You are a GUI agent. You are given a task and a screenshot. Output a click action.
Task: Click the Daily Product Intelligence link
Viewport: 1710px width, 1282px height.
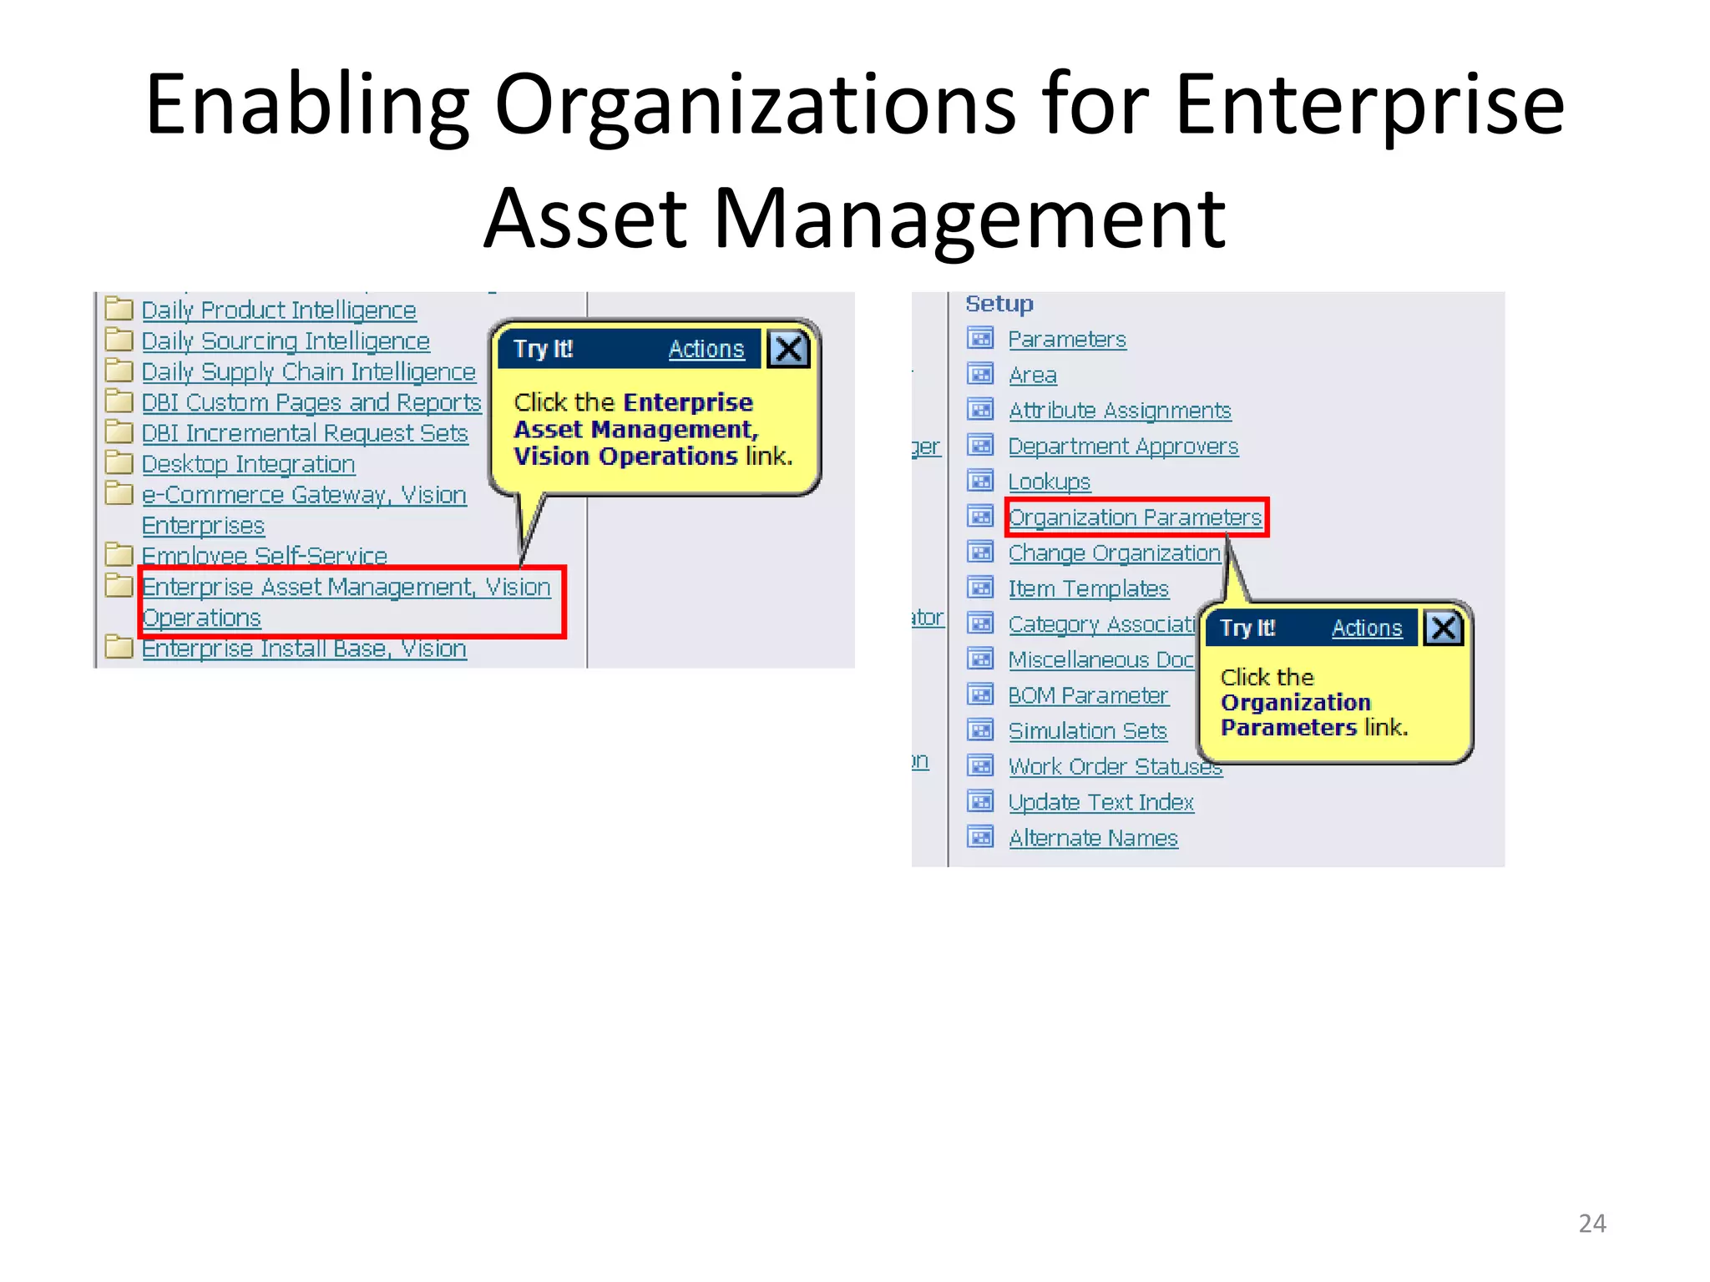(x=278, y=310)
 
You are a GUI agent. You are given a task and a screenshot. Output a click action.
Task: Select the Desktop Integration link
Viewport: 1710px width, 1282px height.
(x=248, y=464)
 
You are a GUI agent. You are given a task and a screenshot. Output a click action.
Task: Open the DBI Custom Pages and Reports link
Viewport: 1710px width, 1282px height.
(x=311, y=402)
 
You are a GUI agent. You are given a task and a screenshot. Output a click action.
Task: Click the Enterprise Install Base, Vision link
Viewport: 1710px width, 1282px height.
(x=304, y=649)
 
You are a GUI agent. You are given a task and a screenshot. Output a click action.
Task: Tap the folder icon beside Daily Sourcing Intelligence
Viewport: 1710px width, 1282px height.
(x=119, y=340)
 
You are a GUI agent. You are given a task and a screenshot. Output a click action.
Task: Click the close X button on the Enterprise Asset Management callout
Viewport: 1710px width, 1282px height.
(x=788, y=349)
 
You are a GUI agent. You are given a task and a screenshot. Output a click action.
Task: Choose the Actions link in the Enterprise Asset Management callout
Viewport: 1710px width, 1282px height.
(x=706, y=349)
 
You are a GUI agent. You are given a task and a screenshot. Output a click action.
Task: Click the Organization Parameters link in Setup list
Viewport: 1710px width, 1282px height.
(x=1135, y=517)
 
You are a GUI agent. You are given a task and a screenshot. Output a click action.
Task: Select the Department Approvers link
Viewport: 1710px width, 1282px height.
(x=1123, y=447)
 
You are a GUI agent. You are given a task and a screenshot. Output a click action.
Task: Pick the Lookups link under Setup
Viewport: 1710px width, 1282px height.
(x=1049, y=482)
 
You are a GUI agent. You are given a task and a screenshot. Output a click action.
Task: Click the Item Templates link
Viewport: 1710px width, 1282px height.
(x=1088, y=589)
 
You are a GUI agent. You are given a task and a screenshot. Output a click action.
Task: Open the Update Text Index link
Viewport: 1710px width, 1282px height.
(x=1100, y=802)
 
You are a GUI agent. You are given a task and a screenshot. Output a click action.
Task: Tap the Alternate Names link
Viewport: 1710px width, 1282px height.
(x=1093, y=838)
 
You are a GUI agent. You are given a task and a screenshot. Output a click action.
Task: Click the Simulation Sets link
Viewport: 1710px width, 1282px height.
(x=1087, y=731)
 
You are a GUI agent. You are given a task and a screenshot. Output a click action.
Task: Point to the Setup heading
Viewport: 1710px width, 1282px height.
(x=999, y=304)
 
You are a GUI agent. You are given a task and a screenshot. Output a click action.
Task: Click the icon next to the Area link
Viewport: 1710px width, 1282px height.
(x=980, y=375)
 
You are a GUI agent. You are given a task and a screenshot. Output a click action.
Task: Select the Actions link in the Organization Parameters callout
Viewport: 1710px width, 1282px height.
(x=1366, y=628)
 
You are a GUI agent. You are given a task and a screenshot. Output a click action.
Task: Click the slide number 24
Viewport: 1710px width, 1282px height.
(x=1591, y=1224)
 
